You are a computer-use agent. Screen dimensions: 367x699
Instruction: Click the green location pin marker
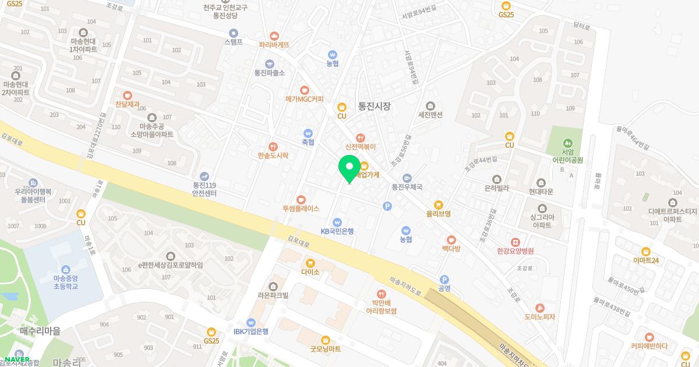pyautogui.click(x=349, y=168)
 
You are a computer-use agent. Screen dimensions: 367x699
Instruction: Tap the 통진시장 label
pyautogui.click(x=374, y=107)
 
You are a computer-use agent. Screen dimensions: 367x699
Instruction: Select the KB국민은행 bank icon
pyautogui.click(x=337, y=222)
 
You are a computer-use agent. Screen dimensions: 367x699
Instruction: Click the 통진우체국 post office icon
pyautogui.click(x=407, y=178)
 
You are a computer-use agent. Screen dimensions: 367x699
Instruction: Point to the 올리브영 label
pyautogui.click(x=438, y=214)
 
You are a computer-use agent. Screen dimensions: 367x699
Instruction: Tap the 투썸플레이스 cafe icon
pyautogui.click(x=301, y=199)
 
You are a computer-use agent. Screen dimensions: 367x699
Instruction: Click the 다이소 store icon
pyautogui.click(x=310, y=263)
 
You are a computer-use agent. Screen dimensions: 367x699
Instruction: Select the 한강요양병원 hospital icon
pyautogui.click(x=515, y=242)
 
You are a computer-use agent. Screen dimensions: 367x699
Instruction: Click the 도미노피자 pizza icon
pyautogui.click(x=539, y=308)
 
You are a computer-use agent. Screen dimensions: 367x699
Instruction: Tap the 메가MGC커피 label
pyautogui.click(x=304, y=99)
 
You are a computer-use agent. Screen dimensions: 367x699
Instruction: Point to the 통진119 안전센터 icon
pyautogui.click(x=204, y=176)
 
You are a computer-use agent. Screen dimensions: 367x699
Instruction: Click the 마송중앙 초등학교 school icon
pyautogui.click(x=65, y=270)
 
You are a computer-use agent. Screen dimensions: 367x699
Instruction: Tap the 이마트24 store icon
pyautogui.click(x=645, y=251)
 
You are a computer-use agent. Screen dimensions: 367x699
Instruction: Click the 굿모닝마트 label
pyautogui.click(x=325, y=349)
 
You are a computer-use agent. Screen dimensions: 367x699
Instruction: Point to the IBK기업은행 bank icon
pyautogui.click(x=251, y=322)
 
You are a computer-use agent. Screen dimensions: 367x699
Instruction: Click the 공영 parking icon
pyautogui.click(x=444, y=279)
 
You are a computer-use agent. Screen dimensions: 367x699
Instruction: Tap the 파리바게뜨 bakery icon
pyautogui.click(x=274, y=36)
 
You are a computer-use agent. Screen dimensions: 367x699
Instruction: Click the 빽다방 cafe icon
pyautogui.click(x=451, y=239)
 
